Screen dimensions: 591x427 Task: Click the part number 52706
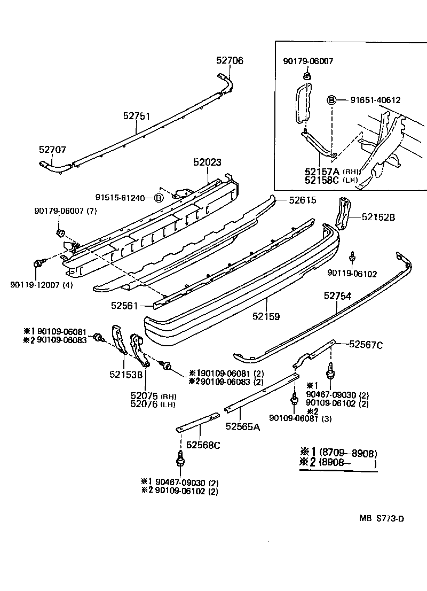coord(230,61)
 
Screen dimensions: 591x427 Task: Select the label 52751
coord(136,115)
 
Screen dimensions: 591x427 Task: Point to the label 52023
coord(207,162)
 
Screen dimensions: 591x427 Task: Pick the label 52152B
coord(378,217)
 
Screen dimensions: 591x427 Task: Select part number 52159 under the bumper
coord(266,316)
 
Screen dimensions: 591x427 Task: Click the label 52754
coord(337,295)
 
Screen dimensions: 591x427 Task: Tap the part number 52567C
coord(366,345)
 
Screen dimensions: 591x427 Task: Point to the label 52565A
coord(242,426)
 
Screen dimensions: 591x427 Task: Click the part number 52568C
coord(203,445)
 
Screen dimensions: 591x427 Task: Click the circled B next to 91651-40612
coord(331,100)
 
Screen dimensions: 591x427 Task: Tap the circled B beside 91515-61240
coord(158,198)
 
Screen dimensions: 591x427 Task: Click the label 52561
coord(124,306)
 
